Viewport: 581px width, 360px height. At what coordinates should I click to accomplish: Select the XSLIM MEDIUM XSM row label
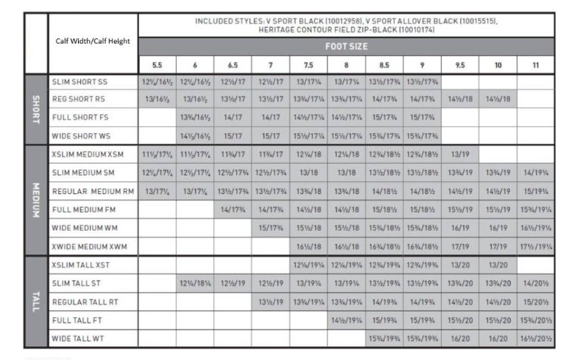pyautogui.click(x=89, y=156)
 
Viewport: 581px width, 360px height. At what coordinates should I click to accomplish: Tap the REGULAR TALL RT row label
pyautogui.click(x=85, y=303)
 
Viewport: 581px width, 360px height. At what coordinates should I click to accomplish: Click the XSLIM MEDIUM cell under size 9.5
pyautogui.click(x=459, y=154)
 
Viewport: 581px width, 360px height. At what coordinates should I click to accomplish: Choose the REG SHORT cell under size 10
pyautogui.click(x=498, y=99)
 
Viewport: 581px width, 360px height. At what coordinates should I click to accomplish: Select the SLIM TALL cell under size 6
pyautogui.click(x=196, y=284)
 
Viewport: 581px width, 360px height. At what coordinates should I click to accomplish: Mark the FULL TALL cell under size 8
pyautogui.click(x=346, y=320)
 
